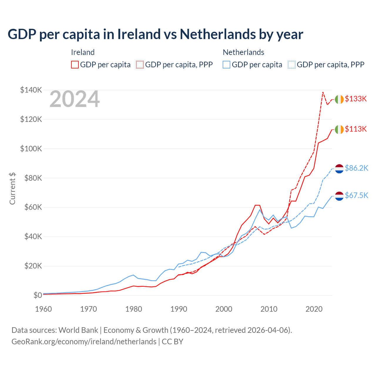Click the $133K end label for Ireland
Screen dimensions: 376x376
[x=356, y=99]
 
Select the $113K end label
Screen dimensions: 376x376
[x=356, y=129]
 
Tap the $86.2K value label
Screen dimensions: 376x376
[x=356, y=168]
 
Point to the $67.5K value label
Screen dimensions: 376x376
[x=356, y=195]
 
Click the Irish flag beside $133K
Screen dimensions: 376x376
[x=339, y=99]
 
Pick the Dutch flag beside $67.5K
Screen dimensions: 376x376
[x=339, y=196]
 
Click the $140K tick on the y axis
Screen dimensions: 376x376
[x=31, y=90]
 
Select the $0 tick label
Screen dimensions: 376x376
[x=38, y=295]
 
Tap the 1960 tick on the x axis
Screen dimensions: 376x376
[x=43, y=309]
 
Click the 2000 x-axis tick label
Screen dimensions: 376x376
[x=224, y=309]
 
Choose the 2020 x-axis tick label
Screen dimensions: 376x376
[x=314, y=309]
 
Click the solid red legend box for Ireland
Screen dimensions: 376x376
[x=75, y=65]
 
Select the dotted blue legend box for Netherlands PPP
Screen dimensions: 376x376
[x=292, y=65]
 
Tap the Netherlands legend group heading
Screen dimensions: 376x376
[x=244, y=52]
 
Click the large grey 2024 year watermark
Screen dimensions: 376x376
[x=75, y=99]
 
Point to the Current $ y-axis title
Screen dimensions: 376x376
[x=12, y=188]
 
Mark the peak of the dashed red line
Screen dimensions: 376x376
[x=323, y=92]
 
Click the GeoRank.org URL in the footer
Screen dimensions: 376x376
[x=84, y=342]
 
